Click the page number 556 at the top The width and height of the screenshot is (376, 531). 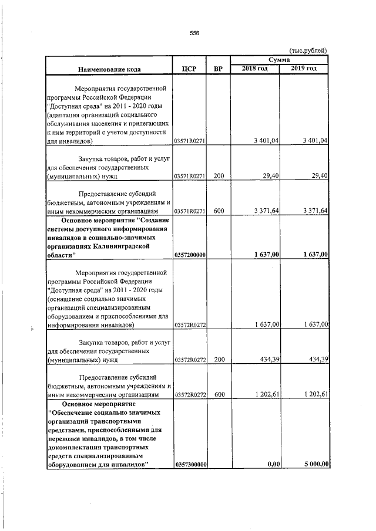[x=195, y=33]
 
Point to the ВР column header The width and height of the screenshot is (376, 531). [x=219, y=69]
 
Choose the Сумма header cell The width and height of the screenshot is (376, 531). [x=280, y=60]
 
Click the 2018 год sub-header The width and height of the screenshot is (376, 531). [x=255, y=69]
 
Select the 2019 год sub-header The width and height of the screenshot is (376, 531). [x=304, y=69]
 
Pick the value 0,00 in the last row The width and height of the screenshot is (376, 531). [x=271, y=465]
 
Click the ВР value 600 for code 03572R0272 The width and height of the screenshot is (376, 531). [x=219, y=394]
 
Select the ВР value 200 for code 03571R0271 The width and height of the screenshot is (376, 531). [x=219, y=175]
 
